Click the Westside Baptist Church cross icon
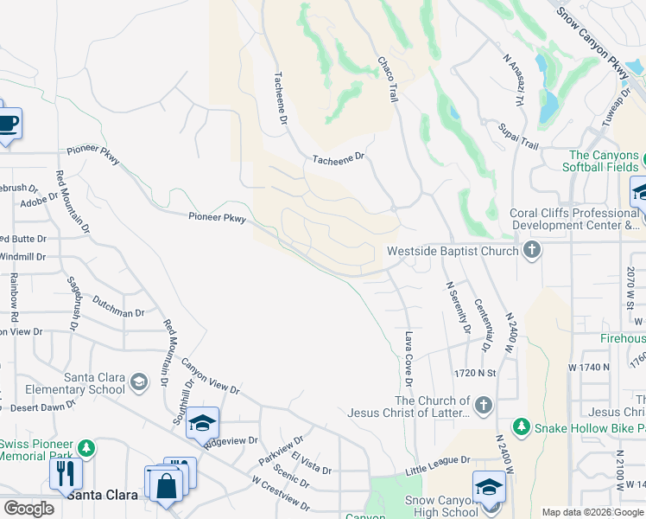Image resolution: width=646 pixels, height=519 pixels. point(532,251)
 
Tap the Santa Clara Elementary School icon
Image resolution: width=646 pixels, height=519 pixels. point(138,381)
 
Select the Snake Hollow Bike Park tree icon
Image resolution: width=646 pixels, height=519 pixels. point(521,427)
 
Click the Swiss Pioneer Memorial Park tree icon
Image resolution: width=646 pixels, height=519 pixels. point(85,447)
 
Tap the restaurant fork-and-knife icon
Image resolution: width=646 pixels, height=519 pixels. point(66,473)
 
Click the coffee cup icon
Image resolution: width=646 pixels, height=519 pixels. point(8,122)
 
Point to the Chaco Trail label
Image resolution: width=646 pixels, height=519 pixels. point(386,80)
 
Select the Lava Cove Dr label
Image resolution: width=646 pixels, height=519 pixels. point(408,359)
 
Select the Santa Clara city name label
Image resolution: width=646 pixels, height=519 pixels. point(102,495)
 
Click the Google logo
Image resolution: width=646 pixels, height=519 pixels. point(28,509)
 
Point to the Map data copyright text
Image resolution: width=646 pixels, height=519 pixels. point(592,512)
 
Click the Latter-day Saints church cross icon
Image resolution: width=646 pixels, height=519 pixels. point(484,405)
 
